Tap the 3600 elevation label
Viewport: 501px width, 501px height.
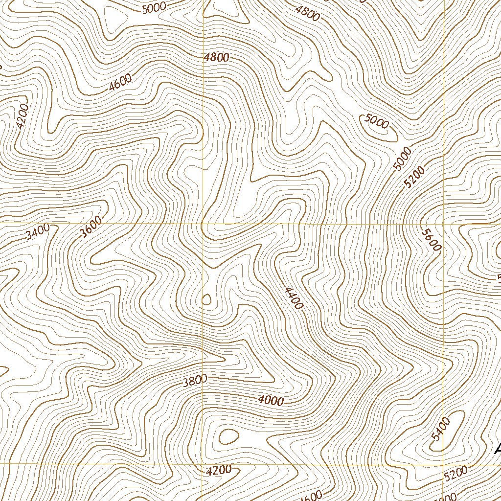pyautogui.click(x=91, y=227)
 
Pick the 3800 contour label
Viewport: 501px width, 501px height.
pyautogui.click(x=195, y=380)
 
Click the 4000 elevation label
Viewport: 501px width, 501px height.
pyautogui.click(x=271, y=400)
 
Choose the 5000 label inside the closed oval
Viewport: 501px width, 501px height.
pyautogui.click(x=377, y=121)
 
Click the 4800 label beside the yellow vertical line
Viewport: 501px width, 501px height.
pyautogui.click(x=217, y=57)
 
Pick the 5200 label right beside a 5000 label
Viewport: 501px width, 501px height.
pyautogui.click(x=414, y=177)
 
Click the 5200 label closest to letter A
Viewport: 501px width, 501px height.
pyautogui.click(x=456, y=473)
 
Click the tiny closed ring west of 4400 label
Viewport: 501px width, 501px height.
pyautogui.click(x=206, y=299)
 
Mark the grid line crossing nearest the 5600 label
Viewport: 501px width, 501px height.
pyautogui.click(x=443, y=224)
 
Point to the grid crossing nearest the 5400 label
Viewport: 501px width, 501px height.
pyautogui.click(x=443, y=463)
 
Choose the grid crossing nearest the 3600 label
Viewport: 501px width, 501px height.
pyautogui.click(x=203, y=224)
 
